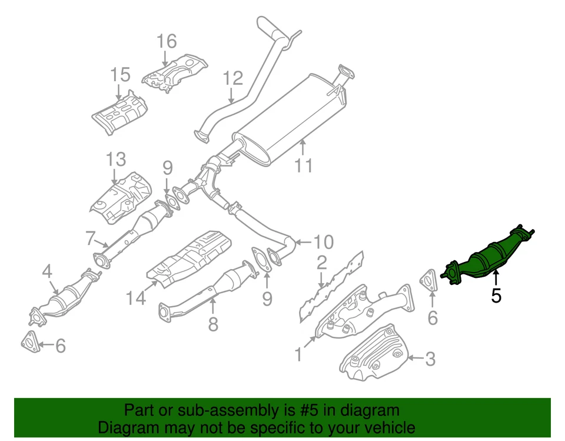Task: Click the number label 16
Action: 167,42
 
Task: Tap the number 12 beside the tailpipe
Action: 232,78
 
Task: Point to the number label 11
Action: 304,166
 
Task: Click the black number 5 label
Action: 496,296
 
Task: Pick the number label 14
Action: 136,299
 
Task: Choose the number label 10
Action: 323,242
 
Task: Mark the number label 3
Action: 430,358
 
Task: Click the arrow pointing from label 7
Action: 101,243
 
